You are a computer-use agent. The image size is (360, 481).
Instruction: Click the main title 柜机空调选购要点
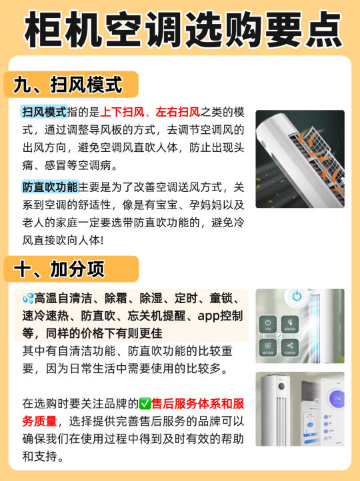click(183, 29)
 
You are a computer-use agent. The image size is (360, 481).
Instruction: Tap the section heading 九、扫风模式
click(68, 85)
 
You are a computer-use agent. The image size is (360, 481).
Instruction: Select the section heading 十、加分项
click(59, 269)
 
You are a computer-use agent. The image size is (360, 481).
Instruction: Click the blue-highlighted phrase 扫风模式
click(45, 112)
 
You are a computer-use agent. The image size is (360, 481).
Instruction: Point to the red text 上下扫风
click(122, 112)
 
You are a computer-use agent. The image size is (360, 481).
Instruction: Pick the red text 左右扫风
click(178, 112)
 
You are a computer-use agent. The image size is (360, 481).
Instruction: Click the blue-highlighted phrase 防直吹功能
click(50, 187)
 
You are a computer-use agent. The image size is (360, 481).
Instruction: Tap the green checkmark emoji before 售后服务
click(145, 404)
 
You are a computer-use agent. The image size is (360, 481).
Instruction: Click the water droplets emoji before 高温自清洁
click(28, 298)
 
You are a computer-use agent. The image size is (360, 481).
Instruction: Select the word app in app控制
click(209, 316)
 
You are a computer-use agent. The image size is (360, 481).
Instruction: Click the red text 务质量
click(39, 421)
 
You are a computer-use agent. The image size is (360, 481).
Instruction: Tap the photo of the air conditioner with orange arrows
click(300, 159)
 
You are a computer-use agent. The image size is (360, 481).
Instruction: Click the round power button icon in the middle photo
click(297, 296)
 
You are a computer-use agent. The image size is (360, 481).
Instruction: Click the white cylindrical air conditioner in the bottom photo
click(275, 410)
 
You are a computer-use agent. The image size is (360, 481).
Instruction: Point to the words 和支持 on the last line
click(39, 456)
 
